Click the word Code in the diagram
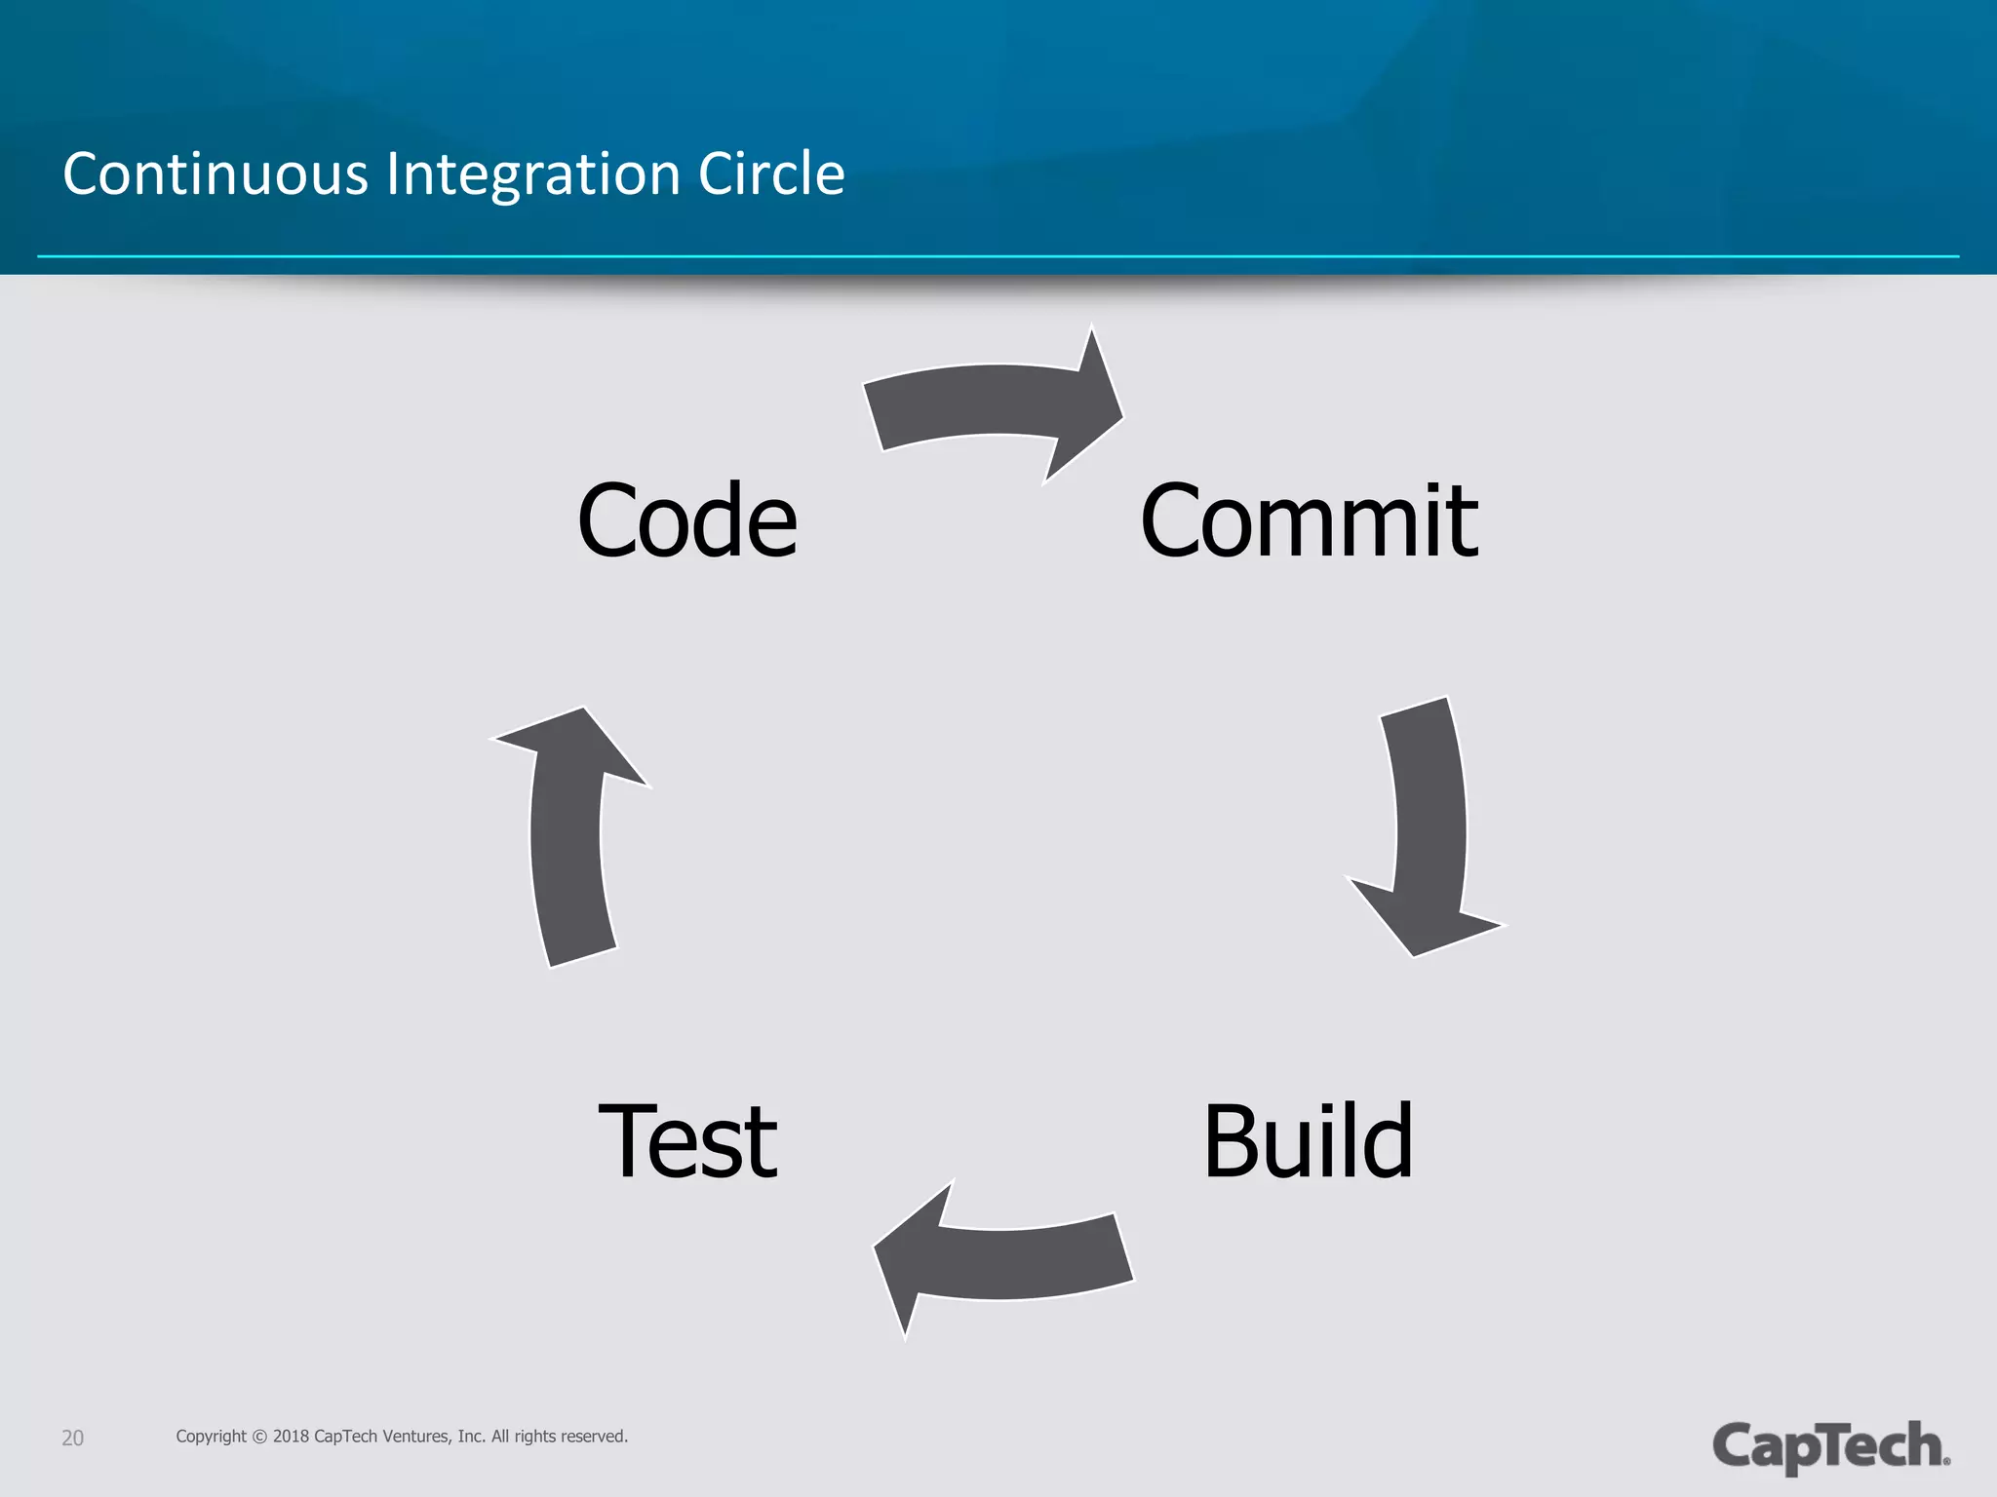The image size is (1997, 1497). (686, 521)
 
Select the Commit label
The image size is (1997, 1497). (1309, 522)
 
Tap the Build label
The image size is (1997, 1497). (1308, 1140)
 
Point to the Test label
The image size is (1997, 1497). (687, 1140)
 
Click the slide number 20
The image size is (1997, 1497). (72, 1438)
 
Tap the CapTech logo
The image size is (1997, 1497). (1830, 1445)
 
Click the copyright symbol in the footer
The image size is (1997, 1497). (259, 1437)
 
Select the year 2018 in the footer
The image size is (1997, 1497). (291, 1437)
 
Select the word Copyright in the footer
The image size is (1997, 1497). (211, 1437)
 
